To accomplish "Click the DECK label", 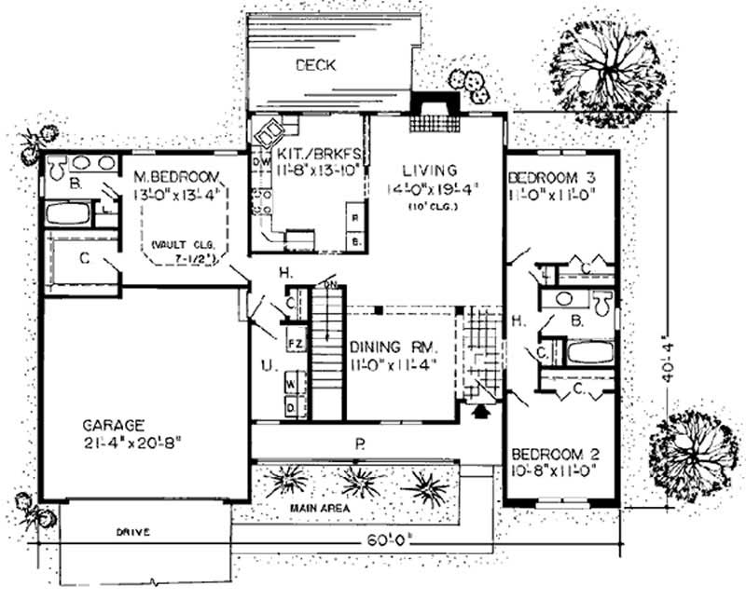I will pyautogui.click(x=315, y=65).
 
